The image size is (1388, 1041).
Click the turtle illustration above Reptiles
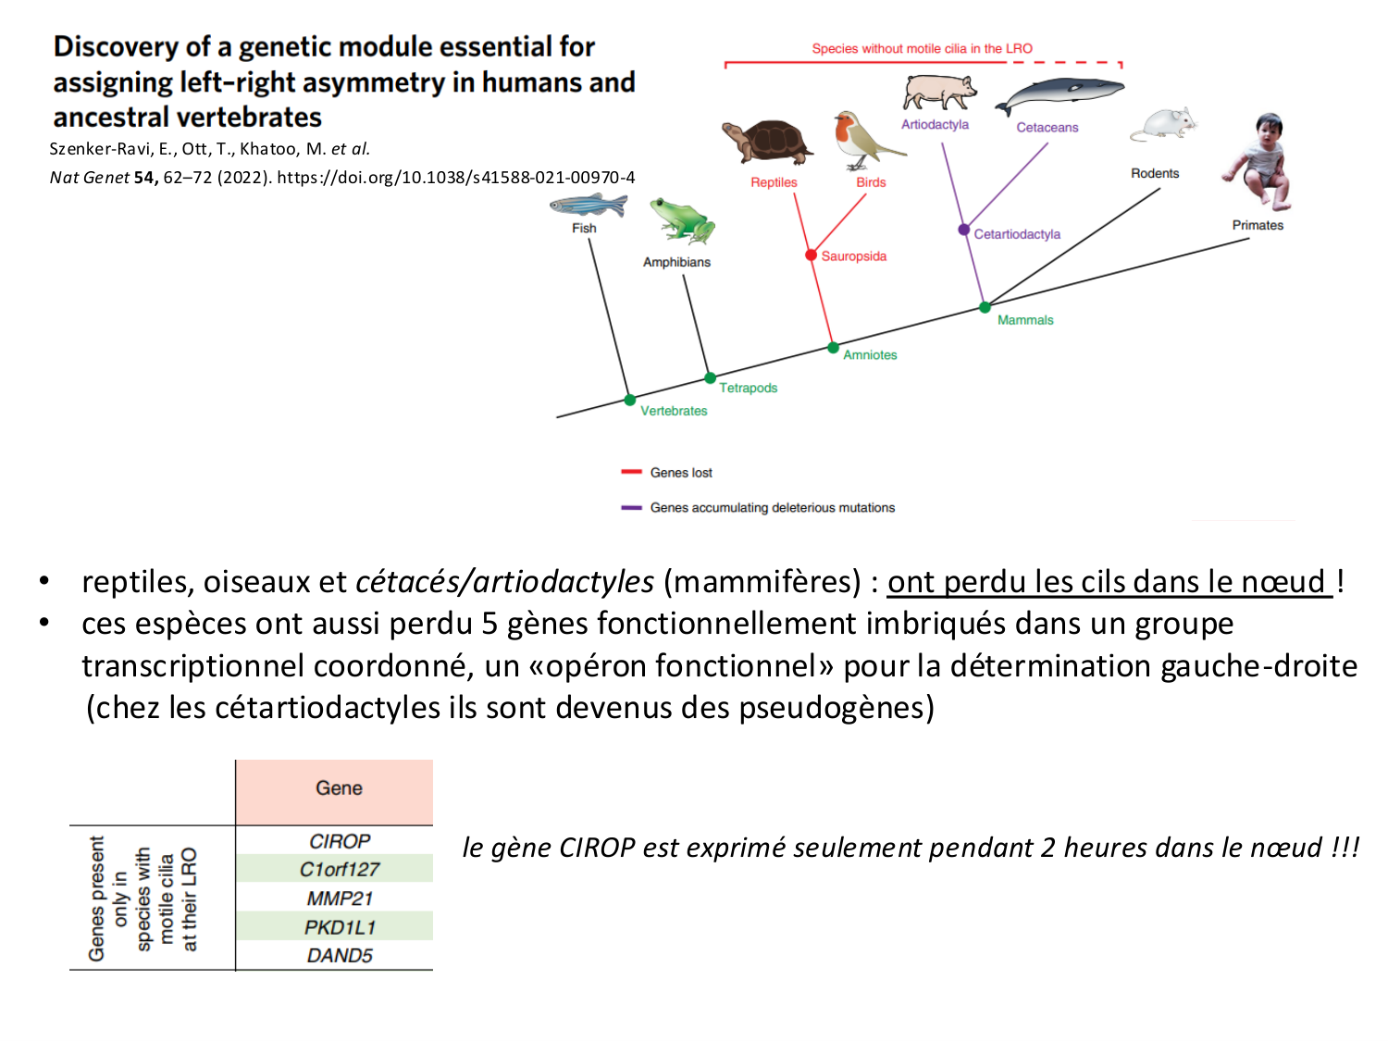(x=766, y=142)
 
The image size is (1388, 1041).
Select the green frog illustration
(x=682, y=220)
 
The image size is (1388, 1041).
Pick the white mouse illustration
(x=1164, y=124)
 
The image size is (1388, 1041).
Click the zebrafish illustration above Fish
(x=587, y=204)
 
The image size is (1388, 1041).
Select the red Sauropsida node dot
(x=811, y=255)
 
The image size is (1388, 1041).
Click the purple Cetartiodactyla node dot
(x=963, y=229)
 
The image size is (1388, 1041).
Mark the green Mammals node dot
(x=985, y=307)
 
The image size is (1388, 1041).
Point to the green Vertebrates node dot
(x=630, y=400)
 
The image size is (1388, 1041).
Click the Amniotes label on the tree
(x=870, y=355)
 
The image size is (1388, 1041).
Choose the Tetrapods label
(x=749, y=388)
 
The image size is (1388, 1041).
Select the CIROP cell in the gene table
(x=339, y=841)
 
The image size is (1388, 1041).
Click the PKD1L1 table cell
(x=339, y=927)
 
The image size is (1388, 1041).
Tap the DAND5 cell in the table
(x=339, y=956)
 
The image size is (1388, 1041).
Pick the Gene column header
(x=339, y=788)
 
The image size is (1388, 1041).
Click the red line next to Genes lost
(x=631, y=472)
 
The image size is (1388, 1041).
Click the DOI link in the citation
(x=455, y=178)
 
